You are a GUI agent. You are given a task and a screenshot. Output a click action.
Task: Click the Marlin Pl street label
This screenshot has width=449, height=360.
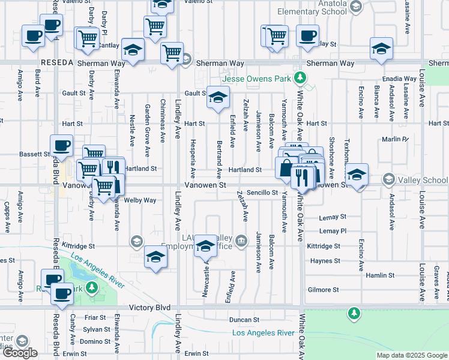tap(395, 140)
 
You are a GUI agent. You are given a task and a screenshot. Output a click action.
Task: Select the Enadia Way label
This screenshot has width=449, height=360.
tap(402, 79)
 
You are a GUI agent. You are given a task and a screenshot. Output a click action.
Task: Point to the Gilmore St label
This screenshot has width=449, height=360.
tap(323, 290)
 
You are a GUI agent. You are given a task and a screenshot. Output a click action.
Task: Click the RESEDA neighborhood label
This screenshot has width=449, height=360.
tap(56, 63)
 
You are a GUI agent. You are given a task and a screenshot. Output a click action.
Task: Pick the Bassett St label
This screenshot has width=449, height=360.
tap(34, 154)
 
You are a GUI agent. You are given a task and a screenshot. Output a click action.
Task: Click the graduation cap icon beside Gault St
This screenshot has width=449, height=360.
tap(218, 97)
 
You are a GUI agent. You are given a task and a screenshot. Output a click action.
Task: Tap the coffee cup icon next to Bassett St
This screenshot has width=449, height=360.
tap(61, 145)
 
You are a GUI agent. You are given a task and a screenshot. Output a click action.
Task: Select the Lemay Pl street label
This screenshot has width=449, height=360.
tap(333, 231)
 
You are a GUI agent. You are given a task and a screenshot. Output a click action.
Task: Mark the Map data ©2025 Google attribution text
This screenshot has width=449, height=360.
tap(411, 355)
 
